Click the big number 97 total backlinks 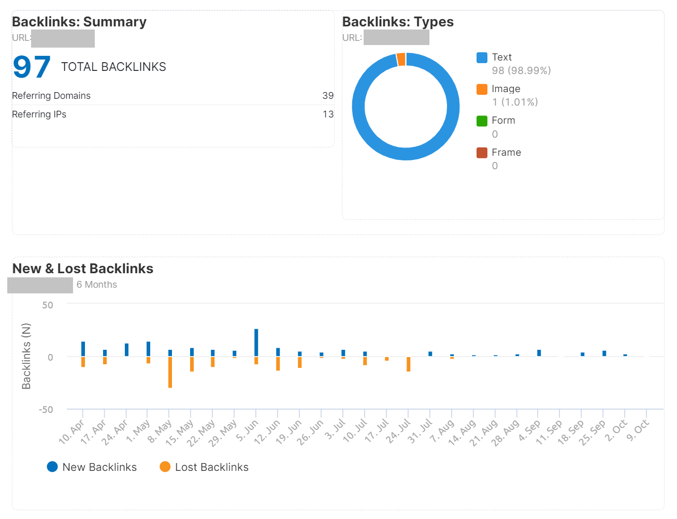point(32,67)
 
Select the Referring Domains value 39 point(328,96)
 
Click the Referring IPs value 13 point(328,114)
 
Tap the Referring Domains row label point(51,96)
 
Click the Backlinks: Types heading point(398,22)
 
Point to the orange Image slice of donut point(401,60)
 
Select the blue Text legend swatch point(482,57)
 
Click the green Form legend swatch point(482,121)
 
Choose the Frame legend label point(506,153)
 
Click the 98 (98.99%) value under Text point(521,70)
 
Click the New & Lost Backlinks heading point(83,269)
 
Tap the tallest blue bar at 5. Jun point(256,342)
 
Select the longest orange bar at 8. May point(170,372)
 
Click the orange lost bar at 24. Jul point(409,364)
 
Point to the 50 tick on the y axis point(48,305)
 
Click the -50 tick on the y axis point(46,410)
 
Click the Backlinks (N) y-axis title point(26,356)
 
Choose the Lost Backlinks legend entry point(205,467)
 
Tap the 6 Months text point(97,285)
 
